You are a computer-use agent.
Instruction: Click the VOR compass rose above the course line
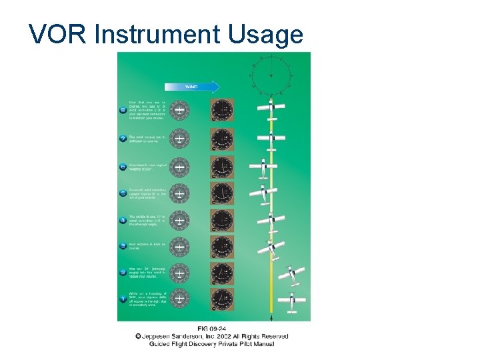pyautogui.click(x=271, y=75)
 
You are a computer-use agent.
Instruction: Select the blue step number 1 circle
pyautogui.click(x=123, y=299)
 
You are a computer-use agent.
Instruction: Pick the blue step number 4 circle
pyautogui.click(x=123, y=219)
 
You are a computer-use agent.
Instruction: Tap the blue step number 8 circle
pyautogui.click(x=123, y=111)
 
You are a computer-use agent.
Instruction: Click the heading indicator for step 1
pyautogui.click(x=222, y=299)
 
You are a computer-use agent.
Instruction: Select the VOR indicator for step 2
pyautogui.click(x=179, y=272)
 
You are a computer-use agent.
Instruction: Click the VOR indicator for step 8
pyautogui.click(x=179, y=111)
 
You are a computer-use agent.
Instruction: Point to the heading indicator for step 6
pyautogui.click(x=222, y=166)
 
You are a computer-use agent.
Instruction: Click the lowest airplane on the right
pyautogui.click(x=291, y=301)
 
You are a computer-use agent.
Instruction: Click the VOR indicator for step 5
pyautogui.click(x=179, y=193)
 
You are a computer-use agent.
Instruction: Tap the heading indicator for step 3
pyautogui.click(x=222, y=246)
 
